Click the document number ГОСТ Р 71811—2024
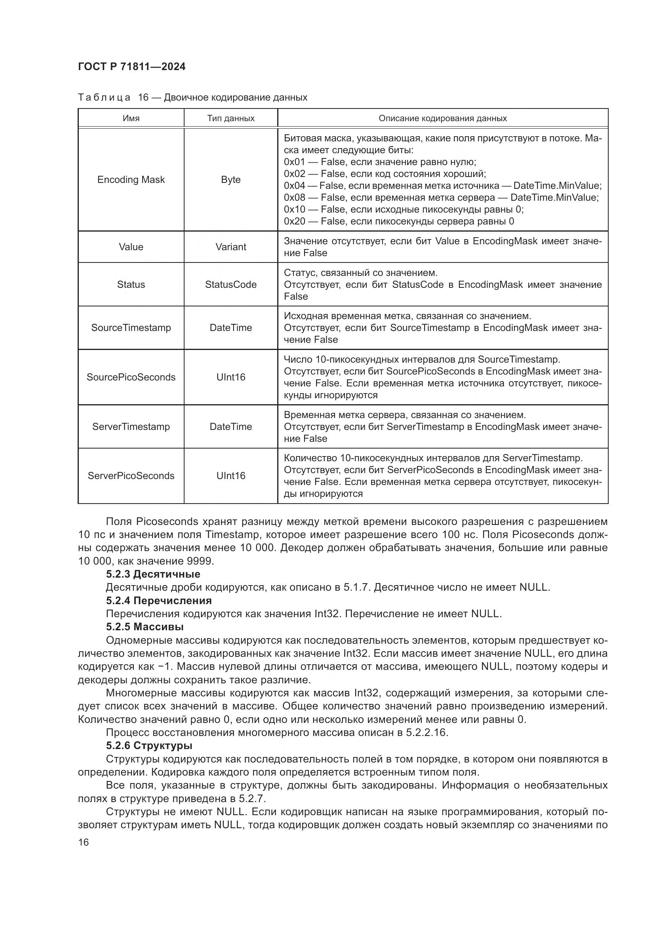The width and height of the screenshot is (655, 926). (131, 67)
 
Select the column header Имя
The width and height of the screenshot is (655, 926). (131, 118)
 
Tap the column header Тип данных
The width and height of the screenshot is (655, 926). (231, 118)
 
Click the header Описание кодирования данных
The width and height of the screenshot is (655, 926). (442, 118)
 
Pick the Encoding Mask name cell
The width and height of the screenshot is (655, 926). (131, 179)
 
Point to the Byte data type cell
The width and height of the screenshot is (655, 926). (231, 179)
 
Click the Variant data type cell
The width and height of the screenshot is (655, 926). (231, 247)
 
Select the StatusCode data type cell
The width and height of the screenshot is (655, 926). (231, 284)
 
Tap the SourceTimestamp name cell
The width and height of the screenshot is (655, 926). (131, 327)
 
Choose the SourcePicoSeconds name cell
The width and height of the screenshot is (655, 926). (131, 377)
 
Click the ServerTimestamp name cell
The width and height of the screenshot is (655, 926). (131, 426)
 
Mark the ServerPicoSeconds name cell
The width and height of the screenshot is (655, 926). (131, 475)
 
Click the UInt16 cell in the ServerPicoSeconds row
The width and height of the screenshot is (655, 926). (231, 475)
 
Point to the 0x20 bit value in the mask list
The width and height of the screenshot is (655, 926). (294, 221)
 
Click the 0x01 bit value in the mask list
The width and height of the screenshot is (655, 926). (294, 162)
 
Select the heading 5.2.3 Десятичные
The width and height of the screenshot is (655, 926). (153, 574)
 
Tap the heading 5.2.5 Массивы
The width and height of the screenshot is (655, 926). (145, 627)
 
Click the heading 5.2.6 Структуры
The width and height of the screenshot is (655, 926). (149, 746)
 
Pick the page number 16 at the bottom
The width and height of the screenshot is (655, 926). (84, 842)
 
